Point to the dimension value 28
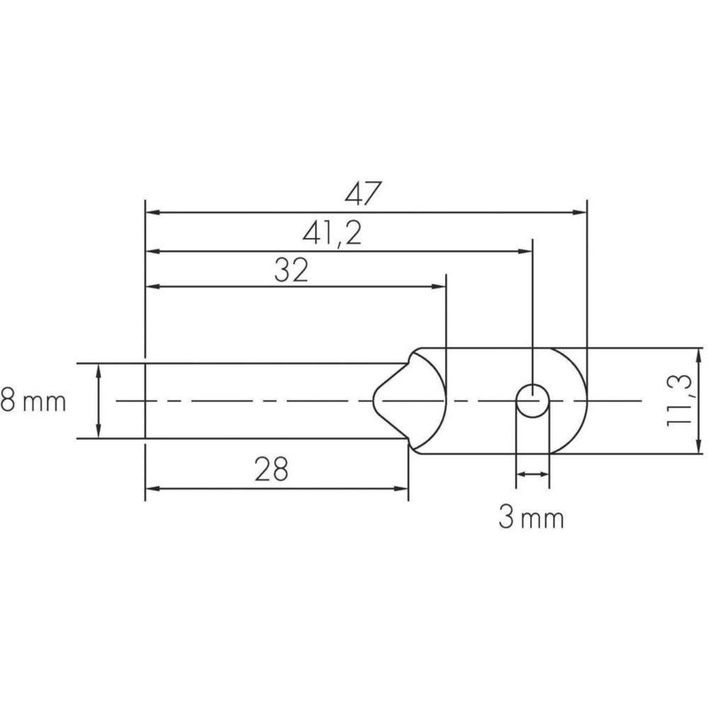click(x=271, y=469)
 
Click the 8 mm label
click(x=35, y=402)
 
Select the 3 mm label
click(x=531, y=517)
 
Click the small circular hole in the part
click(x=532, y=401)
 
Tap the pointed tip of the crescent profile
click(x=372, y=401)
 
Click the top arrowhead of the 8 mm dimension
click(x=97, y=370)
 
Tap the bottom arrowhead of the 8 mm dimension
click(x=97, y=431)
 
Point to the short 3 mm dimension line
click(x=532, y=476)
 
